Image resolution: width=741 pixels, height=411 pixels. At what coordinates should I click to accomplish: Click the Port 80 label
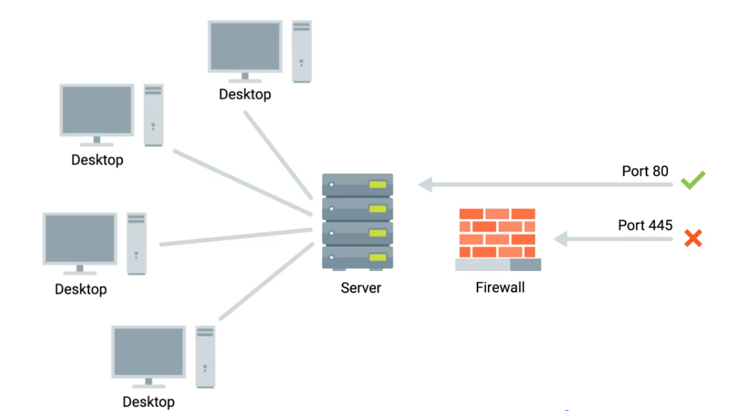pyautogui.click(x=644, y=171)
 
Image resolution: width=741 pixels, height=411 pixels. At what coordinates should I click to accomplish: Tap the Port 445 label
pyautogui.click(x=644, y=225)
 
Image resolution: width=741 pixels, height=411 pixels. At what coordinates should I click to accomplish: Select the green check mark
pyautogui.click(x=693, y=180)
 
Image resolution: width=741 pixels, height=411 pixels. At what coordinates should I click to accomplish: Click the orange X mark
pyautogui.click(x=693, y=239)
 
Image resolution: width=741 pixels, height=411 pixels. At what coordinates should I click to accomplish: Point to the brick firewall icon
pyautogui.click(x=497, y=233)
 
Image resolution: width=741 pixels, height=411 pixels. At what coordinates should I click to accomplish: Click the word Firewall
pyautogui.click(x=500, y=287)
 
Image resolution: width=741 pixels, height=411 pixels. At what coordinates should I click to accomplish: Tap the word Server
pyautogui.click(x=361, y=288)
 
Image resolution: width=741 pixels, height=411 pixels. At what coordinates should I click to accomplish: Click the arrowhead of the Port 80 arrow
pyautogui.click(x=425, y=185)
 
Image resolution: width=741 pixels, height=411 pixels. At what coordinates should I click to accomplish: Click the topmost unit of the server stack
pyautogui.click(x=357, y=185)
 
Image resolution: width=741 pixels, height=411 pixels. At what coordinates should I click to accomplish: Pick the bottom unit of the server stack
pyautogui.click(x=357, y=257)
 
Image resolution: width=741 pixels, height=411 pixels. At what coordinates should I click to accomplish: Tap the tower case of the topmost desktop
pyautogui.click(x=301, y=51)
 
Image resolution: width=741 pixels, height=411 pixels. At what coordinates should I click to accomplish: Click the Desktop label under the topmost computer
pyautogui.click(x=245, y=94)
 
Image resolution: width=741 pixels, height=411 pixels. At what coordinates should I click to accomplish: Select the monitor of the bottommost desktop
pyautogui.click(x=149, y=352)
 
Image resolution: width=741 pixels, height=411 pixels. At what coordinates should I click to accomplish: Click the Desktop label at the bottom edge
pyautogui.click(x=149, y=401)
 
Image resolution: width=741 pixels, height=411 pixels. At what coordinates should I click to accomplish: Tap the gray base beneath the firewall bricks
pyautogui.click(x=498, y=265)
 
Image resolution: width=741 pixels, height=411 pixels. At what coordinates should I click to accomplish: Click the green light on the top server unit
pyautogui.click(x=377, y=185)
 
